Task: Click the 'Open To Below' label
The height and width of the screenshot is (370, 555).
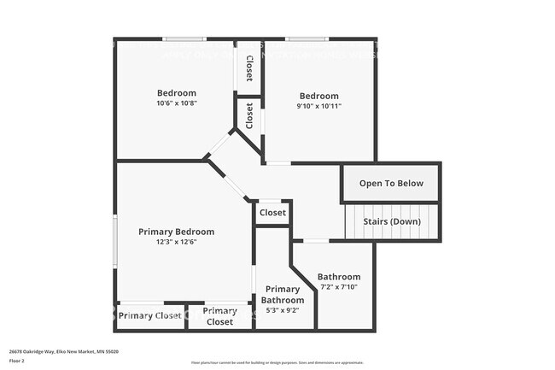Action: point(391,184)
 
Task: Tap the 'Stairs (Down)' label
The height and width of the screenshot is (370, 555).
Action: point(392,222)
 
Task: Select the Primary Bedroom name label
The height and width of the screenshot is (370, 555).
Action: point(177,232)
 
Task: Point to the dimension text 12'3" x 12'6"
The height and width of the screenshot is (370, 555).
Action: point(177,242)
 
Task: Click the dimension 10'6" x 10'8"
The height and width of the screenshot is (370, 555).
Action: point(177,103)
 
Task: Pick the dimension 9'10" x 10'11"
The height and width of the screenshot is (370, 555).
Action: point(318,106)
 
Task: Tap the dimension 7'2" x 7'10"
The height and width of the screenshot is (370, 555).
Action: point(339,287)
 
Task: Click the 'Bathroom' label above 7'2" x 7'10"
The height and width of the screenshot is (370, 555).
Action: point(339,277)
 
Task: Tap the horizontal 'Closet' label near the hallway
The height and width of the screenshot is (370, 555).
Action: point(272,213)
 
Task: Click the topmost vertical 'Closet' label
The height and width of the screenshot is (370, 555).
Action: point(248,68)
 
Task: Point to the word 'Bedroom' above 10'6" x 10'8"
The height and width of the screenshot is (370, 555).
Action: point(177,93)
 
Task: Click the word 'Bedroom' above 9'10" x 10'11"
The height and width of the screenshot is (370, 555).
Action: point(318,96)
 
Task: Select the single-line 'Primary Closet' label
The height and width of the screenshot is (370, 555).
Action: point(150,316)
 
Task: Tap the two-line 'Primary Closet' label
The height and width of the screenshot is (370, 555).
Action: point(219,316)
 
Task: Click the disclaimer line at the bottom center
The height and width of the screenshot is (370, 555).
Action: point(277,362)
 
